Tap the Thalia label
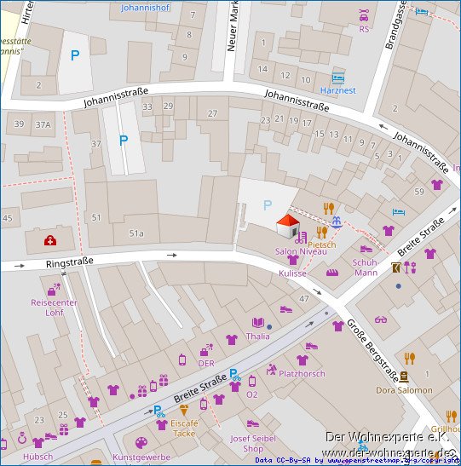point(257,336)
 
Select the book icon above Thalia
point(257,323)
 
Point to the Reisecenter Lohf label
point(54,307)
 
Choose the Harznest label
point(338,90)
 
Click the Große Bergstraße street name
point(371,350)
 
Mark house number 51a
point(136,233)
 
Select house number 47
point(304,299)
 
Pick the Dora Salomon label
point(404,390)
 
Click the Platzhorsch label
point(302,373)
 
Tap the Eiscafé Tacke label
point(183,428)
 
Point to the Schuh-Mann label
point(366,268)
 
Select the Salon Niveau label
point(300,252)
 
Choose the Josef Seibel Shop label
point(253,443)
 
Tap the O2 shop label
point(251,394)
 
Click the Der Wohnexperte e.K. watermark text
point(388,437)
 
